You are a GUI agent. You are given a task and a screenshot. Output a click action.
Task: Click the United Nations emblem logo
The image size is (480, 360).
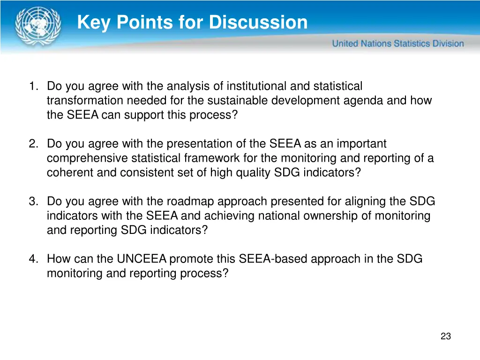38,26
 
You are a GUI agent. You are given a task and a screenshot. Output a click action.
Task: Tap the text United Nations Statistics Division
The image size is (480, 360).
398,44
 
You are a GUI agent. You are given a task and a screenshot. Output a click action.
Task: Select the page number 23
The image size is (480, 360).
445,336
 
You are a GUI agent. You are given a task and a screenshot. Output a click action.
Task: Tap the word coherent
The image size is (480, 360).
70,173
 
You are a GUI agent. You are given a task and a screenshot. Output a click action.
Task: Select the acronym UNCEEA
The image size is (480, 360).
142,259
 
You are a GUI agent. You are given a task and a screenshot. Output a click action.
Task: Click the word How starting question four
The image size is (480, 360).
57,259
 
